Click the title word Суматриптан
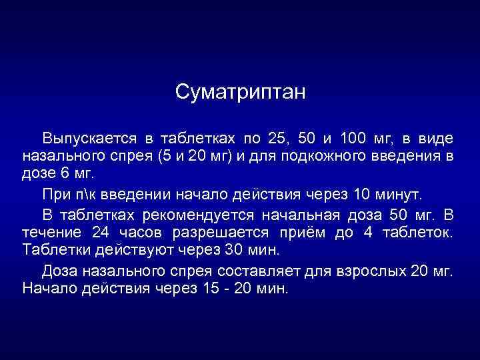click(x=240, y=92)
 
